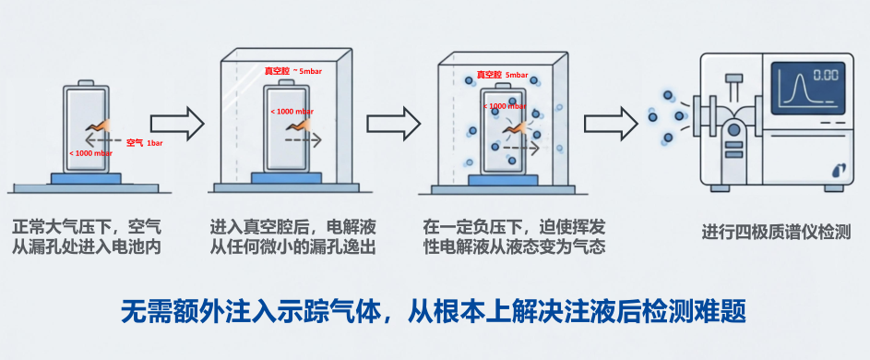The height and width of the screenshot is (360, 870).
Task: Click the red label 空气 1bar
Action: (x=145, y=143)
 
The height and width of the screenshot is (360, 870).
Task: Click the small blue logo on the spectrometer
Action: (x=839, y=169)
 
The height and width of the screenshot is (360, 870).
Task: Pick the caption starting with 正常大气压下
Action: (x=89, y=235)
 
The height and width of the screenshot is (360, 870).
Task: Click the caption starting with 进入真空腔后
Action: (x=293, y=235)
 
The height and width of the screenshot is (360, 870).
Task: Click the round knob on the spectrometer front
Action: (x=734, y=131)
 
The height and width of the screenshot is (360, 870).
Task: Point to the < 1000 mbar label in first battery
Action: (x=90, y=153)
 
